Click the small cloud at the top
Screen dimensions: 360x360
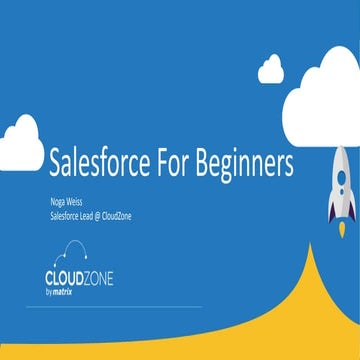pyautogui.click(x=271, y=69)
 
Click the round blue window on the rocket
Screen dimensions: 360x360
pyautogui.click(x=340, y=177)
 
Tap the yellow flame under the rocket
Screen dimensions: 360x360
pyautogui.click(x=340, y=229)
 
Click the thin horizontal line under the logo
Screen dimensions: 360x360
pyautogui.click(x=110, y=306)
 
